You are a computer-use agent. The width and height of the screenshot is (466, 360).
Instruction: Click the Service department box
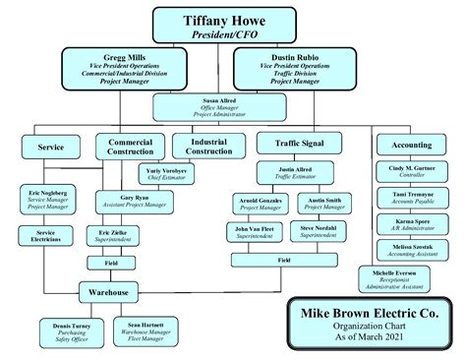pyautogui.click(x=50, y=146)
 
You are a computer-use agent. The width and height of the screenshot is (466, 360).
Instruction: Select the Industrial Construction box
pyautogui.click(x=208, y=147)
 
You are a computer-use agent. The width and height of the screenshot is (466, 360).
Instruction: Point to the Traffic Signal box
pyautogui.click(x=291, y=144)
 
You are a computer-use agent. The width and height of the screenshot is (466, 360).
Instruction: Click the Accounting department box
pyautogui.click(x=411, y=145)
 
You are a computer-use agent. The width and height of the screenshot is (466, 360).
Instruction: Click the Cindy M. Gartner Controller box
pyautogui.click(x=411, y=172)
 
